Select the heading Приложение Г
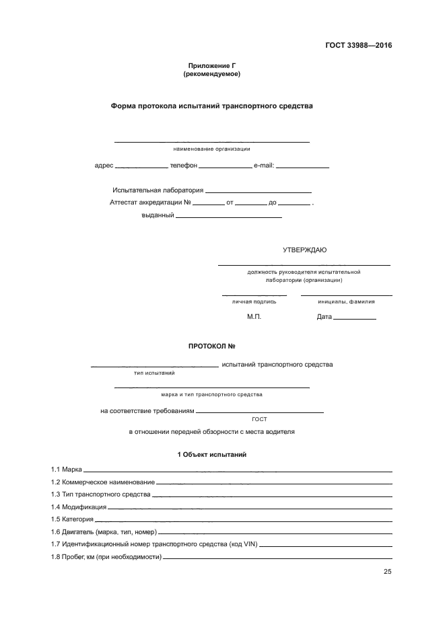coord(211,66)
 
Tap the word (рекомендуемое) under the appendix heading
coord(211,74)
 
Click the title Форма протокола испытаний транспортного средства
coord(211,106)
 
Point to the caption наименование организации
coord(211,148)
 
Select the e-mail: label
coord(264,165)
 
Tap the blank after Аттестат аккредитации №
coord(209,203)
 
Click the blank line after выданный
coord(228,217)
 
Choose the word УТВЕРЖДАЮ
coord(304,250)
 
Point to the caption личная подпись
coord(254,301)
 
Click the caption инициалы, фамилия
coord(346,301)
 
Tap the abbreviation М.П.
coord(254,316)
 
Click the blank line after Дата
coord(355,318)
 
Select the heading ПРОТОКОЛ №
coord(211,346)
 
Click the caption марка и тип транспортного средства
coord(211,394)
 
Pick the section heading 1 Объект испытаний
coord(211,455)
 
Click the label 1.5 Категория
coord(71,519)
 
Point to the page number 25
coord(387,572)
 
